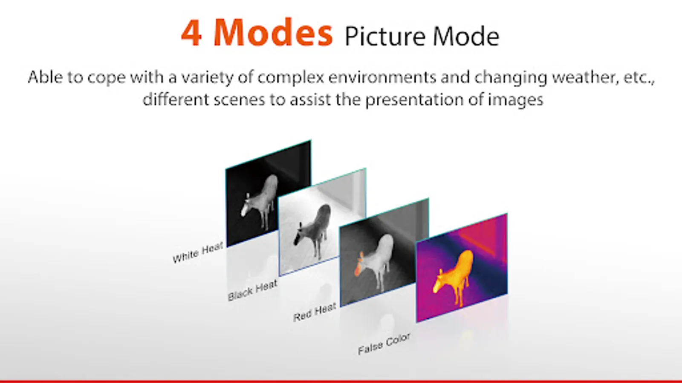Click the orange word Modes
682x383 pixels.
273,32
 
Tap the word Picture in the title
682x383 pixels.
385,37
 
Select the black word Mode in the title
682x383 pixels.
466,36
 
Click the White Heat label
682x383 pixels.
198,253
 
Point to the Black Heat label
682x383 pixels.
253,290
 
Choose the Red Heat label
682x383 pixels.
315,312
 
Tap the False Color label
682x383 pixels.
384,344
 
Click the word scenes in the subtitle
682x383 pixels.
239,100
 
